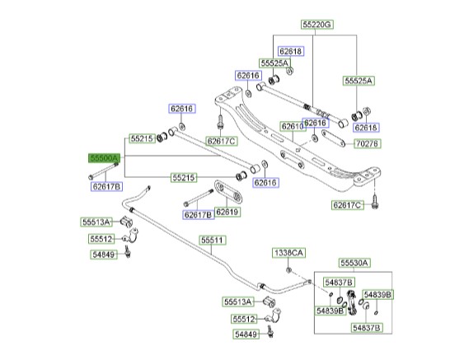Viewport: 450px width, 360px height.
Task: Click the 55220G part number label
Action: (316, 25)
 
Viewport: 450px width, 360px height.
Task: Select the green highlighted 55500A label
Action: (104, 158)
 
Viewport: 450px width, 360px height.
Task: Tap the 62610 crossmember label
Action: (293, 127)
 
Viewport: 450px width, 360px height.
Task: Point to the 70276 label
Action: (368, 143)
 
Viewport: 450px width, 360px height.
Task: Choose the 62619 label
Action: (227, 212)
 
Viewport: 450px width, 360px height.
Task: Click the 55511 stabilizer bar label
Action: (212, 240)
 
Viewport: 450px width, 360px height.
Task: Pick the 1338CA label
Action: (288, 253)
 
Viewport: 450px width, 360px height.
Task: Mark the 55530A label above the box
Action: (354, 263)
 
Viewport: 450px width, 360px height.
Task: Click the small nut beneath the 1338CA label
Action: (288, 269)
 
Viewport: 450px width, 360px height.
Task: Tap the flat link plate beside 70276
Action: (333, 138)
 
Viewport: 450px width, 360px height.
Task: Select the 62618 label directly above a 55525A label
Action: (291, 51)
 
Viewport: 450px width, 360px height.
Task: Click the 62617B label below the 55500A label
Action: (106, 187)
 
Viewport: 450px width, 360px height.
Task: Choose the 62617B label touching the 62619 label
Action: (199, 215)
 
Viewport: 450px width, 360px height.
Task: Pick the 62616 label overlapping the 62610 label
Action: (315, 123)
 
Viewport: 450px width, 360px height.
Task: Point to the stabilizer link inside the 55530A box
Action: (352, 302)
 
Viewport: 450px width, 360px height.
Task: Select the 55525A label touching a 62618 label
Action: (274, 63)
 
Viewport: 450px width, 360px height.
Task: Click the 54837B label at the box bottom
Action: (367, 328)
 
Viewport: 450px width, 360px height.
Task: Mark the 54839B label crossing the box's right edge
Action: (377, 295)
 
